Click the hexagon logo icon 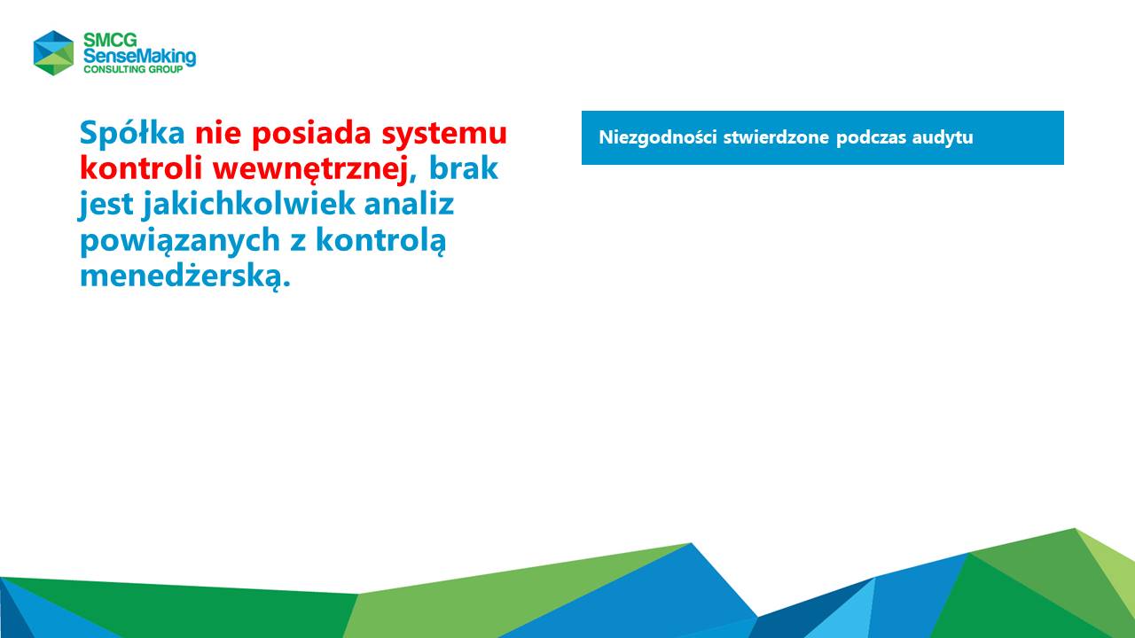point(54,52)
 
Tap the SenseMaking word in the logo point(139,57)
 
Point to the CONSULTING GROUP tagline point(133,69)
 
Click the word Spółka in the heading point(132,133)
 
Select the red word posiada point(311,134)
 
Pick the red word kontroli point(141,168)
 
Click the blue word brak point(464,168)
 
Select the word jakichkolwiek point(249,205)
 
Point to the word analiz point(409,204)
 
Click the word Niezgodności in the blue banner point(658,137)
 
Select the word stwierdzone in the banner point(776,137)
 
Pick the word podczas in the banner point(871,137)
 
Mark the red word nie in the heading point(218,133)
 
